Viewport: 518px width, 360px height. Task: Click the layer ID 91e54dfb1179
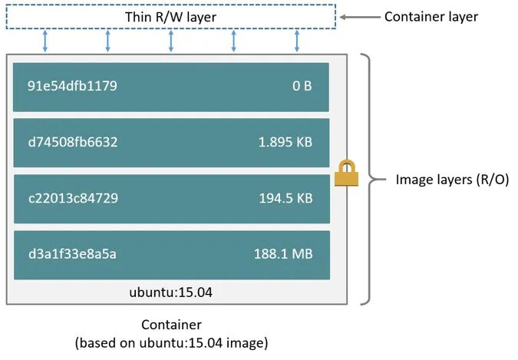[72, 86]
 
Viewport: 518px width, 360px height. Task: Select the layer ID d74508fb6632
[73, 142]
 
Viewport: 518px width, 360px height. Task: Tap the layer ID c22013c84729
[73, 198]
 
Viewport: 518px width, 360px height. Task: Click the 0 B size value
[302, 86]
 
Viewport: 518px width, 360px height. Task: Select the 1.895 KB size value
[285, 142]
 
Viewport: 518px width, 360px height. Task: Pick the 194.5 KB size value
[285, 198]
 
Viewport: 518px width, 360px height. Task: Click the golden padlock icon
[346, 173]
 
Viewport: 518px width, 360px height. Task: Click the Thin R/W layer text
[170, 17]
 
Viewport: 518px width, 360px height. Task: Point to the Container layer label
[431, 16]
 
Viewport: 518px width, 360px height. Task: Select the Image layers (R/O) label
[452, 180]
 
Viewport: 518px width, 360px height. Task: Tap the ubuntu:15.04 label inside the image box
[171, 292]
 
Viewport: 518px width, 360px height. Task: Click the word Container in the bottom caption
[171, 325]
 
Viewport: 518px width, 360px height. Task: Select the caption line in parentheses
[171, 342]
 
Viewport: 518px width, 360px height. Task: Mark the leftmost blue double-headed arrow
[45, 41]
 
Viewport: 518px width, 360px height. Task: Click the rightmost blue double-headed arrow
[297, 41]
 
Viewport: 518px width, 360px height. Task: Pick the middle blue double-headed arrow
[171, 41]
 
